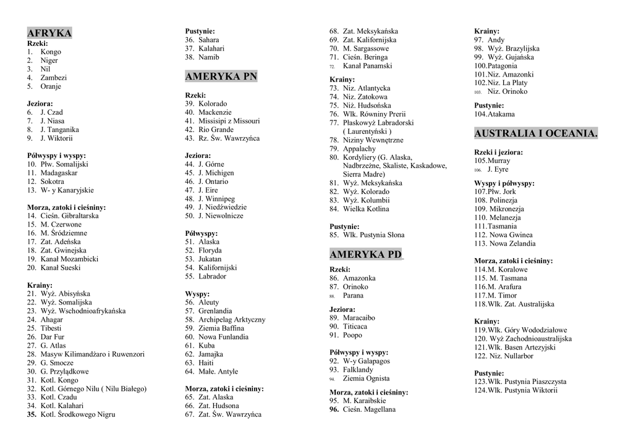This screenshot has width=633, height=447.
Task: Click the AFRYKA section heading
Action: tap(49, 33)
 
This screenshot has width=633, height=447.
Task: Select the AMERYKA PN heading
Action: tap(221, 77)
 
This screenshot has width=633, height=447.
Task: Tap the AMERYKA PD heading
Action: tap(365, 254)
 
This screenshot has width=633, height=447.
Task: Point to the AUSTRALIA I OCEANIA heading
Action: tap(535, 133)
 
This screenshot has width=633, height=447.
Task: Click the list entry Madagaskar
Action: tap(59, 173)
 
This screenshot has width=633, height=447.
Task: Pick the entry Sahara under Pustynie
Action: tap(208, 40)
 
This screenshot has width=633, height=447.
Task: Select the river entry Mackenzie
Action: tap(215, 112)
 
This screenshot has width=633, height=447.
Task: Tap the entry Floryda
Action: tap(210, 251)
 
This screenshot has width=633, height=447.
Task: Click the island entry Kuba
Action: tap(206, 346)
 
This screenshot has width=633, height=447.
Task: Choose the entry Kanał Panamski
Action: tap(367, 65)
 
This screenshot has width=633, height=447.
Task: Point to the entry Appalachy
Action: tap(359, 149)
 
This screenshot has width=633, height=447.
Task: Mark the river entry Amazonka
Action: tap(359, 278)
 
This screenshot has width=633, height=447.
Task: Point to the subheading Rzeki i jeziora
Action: tap(498, 152)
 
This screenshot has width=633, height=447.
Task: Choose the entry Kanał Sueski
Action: tap(61, 268)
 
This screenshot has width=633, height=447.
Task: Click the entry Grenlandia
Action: tap(215, 311)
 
